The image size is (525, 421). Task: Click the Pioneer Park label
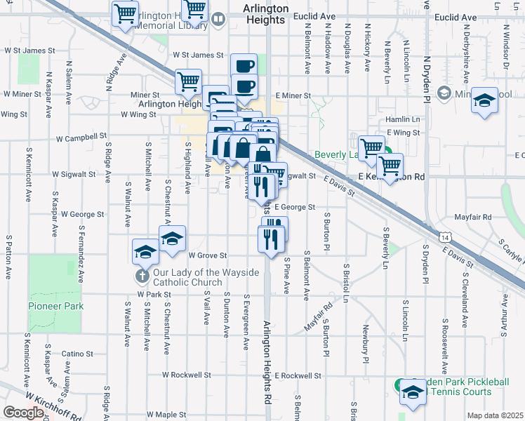coord(55,306)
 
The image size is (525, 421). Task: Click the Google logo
coord(24,413)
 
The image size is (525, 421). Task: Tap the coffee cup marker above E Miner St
coord(244,67)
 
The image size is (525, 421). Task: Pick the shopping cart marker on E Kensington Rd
coord(390,166)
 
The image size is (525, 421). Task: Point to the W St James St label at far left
coord(29,51)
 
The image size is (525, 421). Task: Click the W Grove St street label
coord(208,255)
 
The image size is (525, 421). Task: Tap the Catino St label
coord(77,354)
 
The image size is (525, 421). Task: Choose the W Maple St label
coord(171,415)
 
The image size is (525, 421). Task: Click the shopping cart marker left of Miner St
coord(188,81)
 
